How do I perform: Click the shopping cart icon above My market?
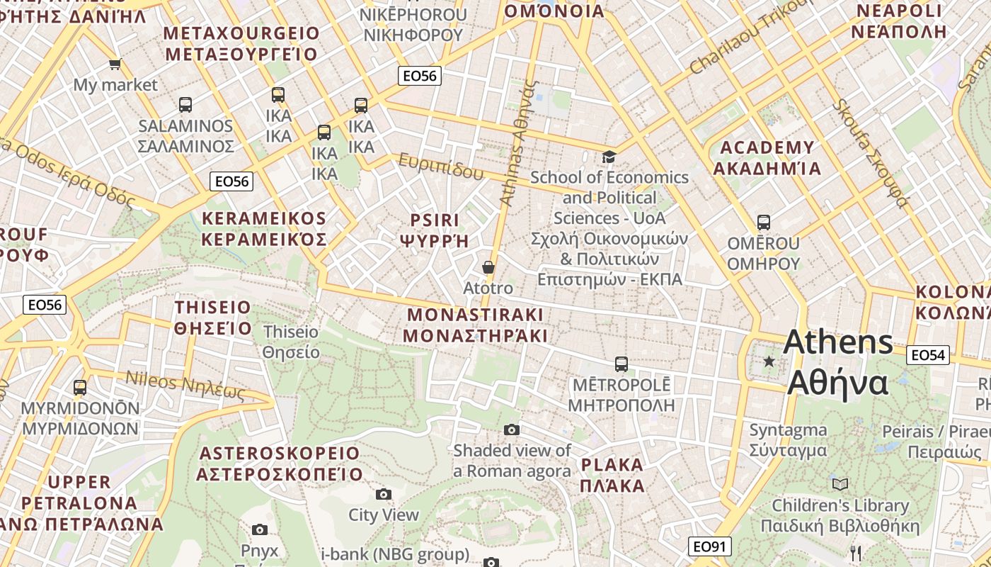(x=115, y=64)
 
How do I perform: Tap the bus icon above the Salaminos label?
(x=185, y=105)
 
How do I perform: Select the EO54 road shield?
(x=928, y=355)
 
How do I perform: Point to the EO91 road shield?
(x=709, y=546)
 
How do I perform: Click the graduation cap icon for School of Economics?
(x=609, y=157)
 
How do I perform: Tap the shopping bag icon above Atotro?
(x=488, y=267)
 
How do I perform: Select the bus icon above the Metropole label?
(x=621, y=364)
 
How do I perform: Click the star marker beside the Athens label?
(x=769, y=361)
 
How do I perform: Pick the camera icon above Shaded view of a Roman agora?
(x=512, y=430)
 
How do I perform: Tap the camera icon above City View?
(x=384, y=494)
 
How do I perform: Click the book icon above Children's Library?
(x=840, y=484)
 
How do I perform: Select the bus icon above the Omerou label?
(x=763, y=223)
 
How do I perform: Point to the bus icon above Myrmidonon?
(x=80, y=388)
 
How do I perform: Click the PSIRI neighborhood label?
(x=435, y=230)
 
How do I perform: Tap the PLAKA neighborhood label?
(x=612, y=475)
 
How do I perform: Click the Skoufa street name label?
(x=870, y=152)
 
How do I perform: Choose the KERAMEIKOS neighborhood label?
(x=264, y=228)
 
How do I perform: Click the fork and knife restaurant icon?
(x=857, y=554)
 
